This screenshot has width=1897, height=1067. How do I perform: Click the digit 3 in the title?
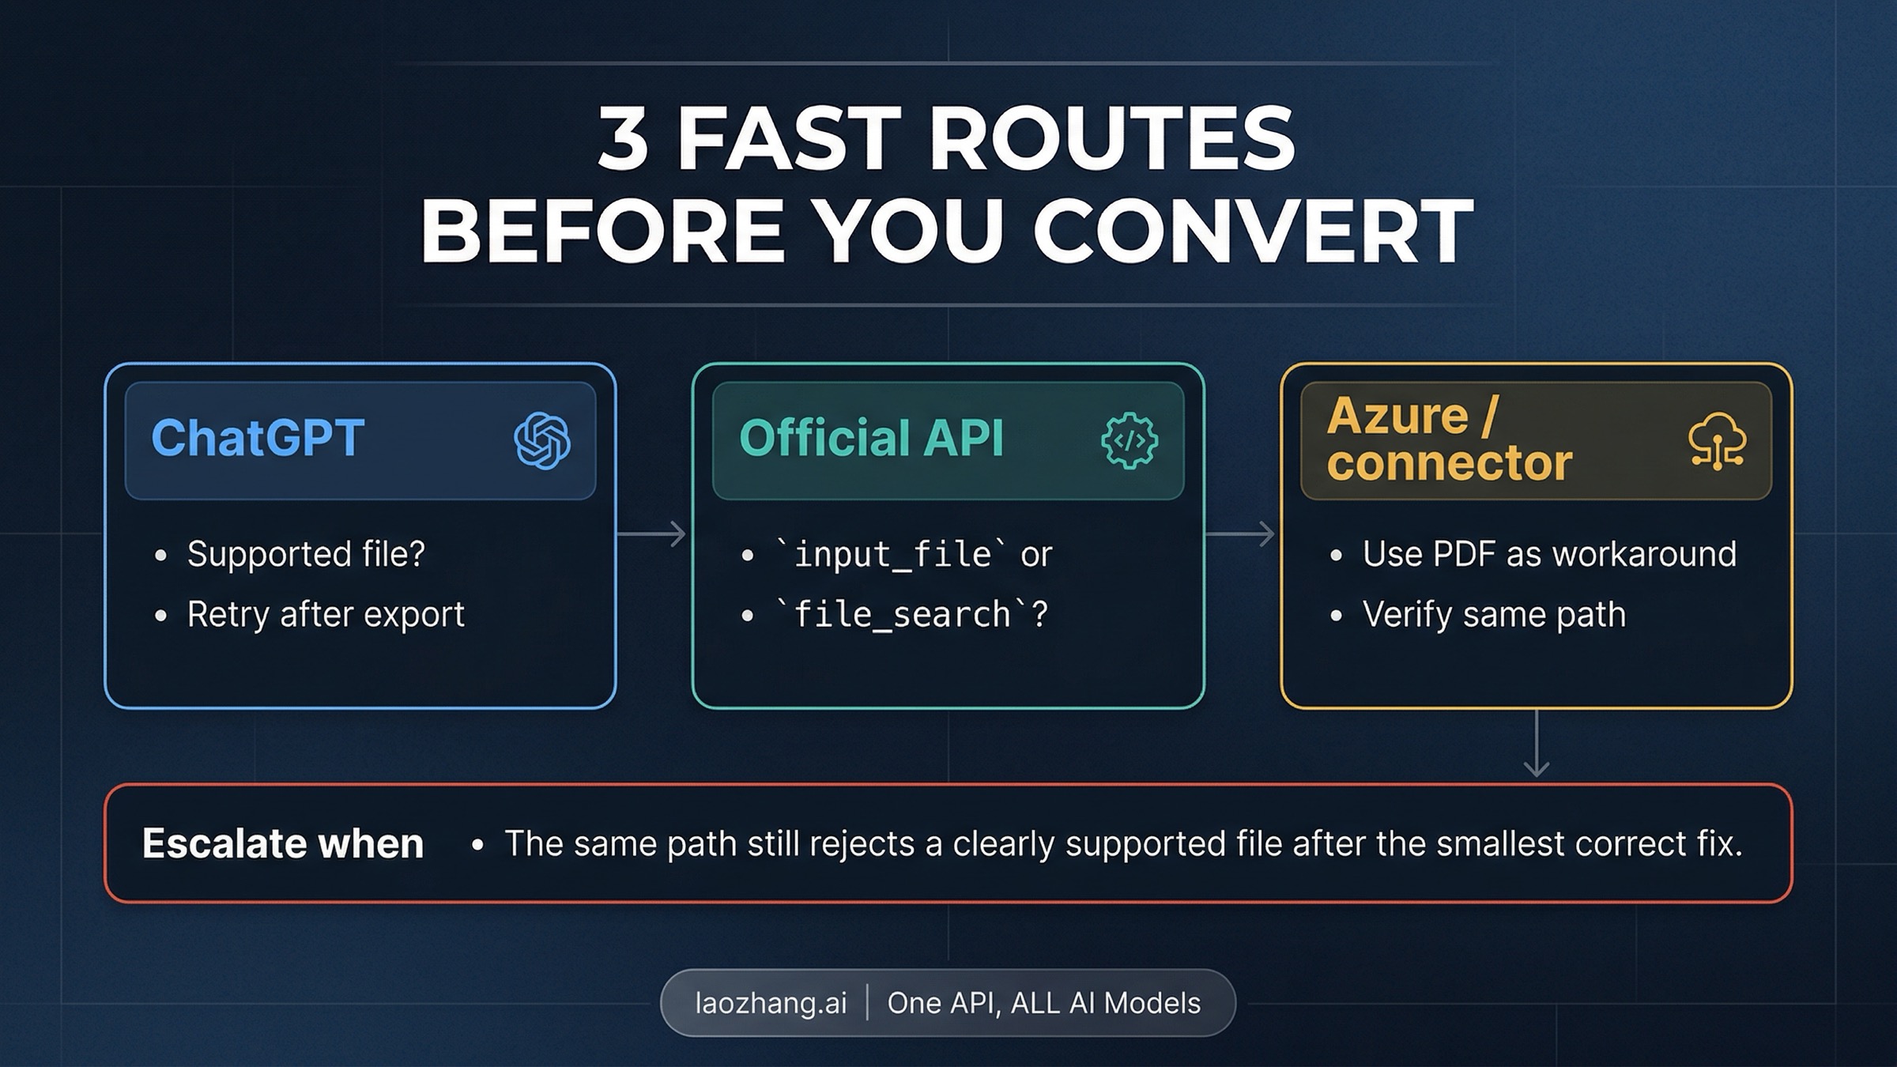[x=623, y=140]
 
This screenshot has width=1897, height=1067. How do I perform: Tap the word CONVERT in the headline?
[x=1253, y=232]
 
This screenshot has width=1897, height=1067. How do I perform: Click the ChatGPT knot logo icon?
[x=542, y=440]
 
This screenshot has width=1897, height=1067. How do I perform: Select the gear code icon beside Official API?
[x=1130, y=440]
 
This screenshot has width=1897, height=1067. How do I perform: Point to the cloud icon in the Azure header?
[x=1717, y=440]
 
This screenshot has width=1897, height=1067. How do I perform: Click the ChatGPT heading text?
[x=258, y=438]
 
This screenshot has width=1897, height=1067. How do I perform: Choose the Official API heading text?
[x=871, y=438]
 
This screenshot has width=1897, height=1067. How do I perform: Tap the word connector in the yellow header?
[x=1450, y=463]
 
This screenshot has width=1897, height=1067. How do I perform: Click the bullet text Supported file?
[x=306, y=554]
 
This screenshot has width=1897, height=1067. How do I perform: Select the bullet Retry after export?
[x=326, y=615]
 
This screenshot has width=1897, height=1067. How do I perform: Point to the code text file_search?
[x=902, y=615]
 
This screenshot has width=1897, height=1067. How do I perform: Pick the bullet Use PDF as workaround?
[x=1549, y=554]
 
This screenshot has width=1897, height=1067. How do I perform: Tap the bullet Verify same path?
[x=1494, y=615]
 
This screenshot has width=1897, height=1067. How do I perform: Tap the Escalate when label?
[x=283, y=844]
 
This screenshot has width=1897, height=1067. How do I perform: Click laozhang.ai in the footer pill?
[x=771, y=1003]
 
